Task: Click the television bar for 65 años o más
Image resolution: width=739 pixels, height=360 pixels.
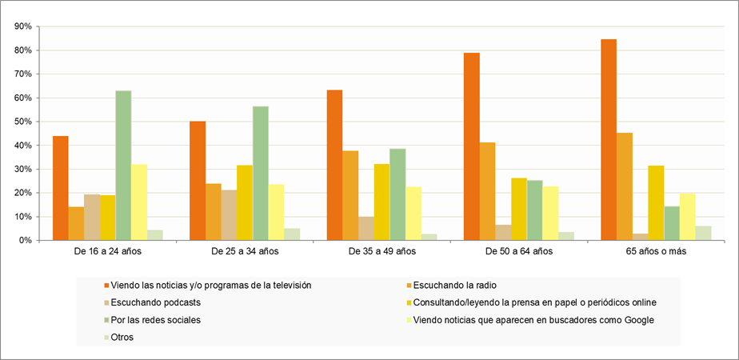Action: (609, 140)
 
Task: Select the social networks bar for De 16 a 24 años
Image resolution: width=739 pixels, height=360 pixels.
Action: (123, 166)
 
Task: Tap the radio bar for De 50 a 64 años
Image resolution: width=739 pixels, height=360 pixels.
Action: (487, 191)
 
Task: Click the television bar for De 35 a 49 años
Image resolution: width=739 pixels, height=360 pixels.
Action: (334, 166)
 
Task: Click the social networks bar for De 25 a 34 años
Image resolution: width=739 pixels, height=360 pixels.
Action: (261, 174)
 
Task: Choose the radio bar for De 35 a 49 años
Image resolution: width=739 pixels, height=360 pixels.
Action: (350, 195)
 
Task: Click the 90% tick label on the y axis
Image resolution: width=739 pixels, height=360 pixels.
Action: (22, 26)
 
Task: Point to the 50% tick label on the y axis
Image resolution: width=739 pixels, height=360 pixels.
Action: (22, 122)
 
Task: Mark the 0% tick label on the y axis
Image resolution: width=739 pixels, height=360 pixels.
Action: (25, 241)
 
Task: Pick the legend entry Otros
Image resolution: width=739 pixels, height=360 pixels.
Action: (122, 337)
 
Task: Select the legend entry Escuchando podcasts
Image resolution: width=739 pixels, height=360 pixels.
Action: (156, 302)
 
